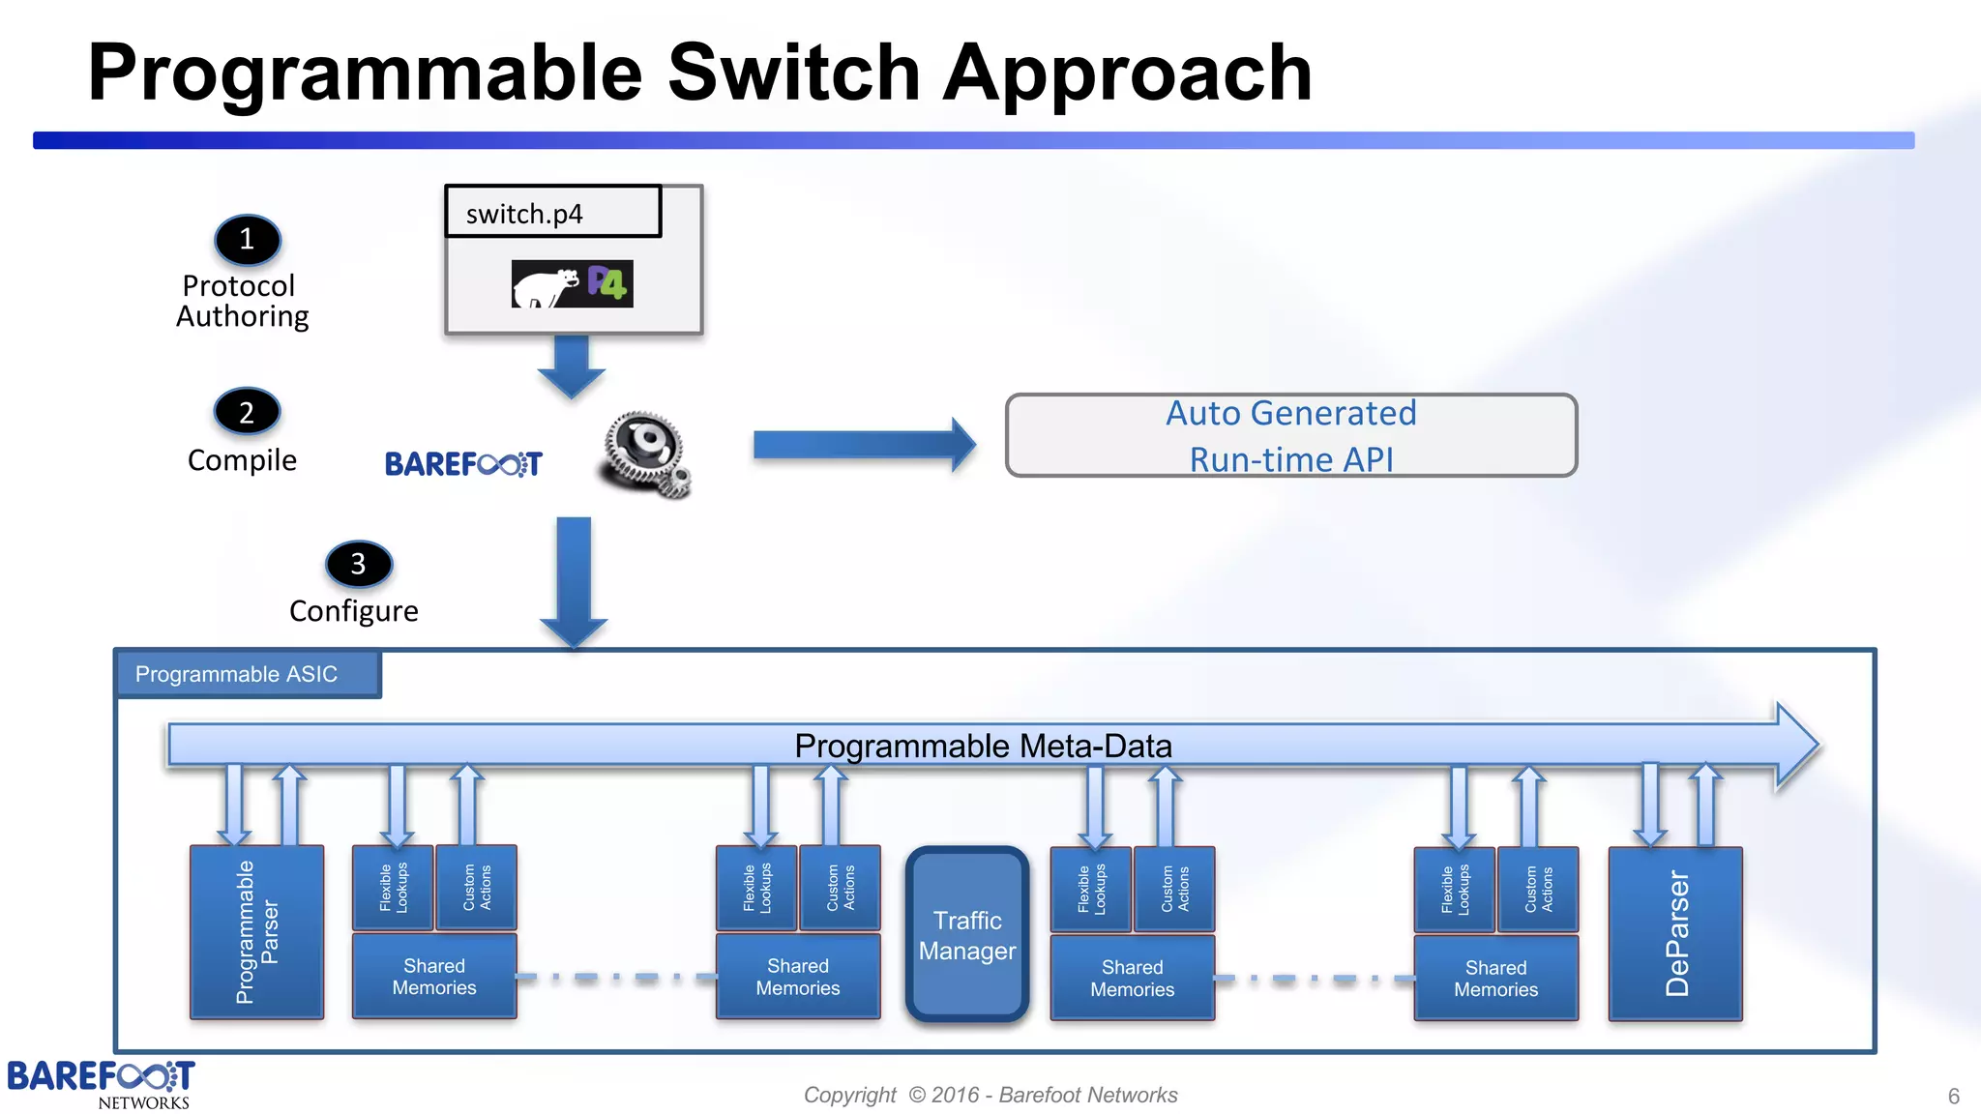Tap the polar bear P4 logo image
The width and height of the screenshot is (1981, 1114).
pyautogui.click(x=572, y=283)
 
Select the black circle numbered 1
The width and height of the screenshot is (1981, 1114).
pyautogui.click(x=247, y=239)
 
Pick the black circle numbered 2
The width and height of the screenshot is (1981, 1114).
pyautogui.click(x=247, y=412)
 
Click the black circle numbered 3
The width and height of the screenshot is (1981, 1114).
pyautogui.click(x=359, y=564)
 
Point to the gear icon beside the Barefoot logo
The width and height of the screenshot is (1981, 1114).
pyautogui.click(x=645, y=453)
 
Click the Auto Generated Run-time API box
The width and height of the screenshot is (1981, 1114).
pyautogui.click(x=1290, y=435)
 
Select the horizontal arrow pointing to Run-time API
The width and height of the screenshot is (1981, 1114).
pyautogui.click(x=863, y=445)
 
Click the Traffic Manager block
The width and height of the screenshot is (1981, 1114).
pyautogui.click(x=966, y=934)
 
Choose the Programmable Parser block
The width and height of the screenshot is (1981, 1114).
pyautogui.click(x=256, y=932)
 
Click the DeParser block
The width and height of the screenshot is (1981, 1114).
pyautogui.click(x=1674, y=933)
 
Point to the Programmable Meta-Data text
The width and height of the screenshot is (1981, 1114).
pyautogui.click(x=983, y=746)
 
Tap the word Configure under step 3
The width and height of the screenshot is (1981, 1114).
pyautogui.click(x=353, y=611)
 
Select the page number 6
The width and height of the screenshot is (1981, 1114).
pyautogui.click(x=1953, y=1097)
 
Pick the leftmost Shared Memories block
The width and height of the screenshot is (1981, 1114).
pyautogui.click(x=434, y=977)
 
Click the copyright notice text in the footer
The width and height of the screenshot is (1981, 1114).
pyautogui.click(x=990, y=1095)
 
